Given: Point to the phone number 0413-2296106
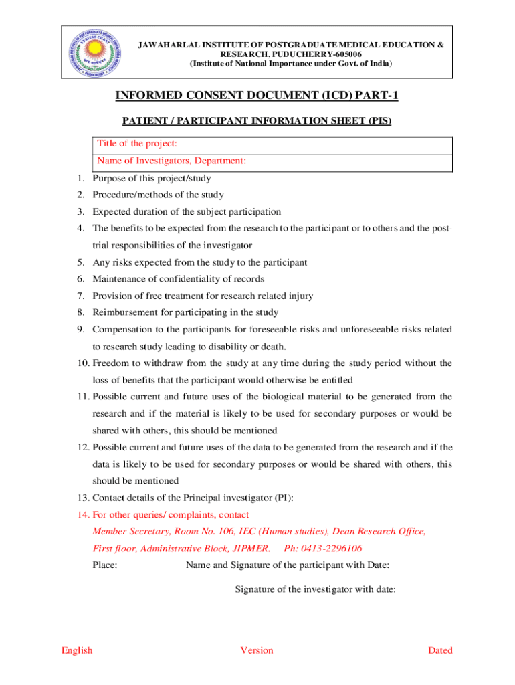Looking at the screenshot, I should point(323,549).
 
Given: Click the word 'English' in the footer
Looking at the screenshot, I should point(77,650).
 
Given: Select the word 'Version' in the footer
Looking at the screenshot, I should point(257,650).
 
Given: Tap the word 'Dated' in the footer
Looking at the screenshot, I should point(440,650).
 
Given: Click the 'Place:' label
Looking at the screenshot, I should point(105,565).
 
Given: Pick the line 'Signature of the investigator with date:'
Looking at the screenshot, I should point(315,589).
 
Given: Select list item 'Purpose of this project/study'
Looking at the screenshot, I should point(152,178).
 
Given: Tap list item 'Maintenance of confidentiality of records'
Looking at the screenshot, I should point(178,279).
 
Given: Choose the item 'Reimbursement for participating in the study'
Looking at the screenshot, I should point(185,312).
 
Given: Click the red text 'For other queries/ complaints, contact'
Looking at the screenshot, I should point(171,515).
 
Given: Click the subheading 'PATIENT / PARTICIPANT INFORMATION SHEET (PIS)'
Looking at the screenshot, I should point(257,121).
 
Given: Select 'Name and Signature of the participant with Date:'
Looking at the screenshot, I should point(288,565).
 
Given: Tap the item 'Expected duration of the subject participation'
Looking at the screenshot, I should point(187,211).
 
